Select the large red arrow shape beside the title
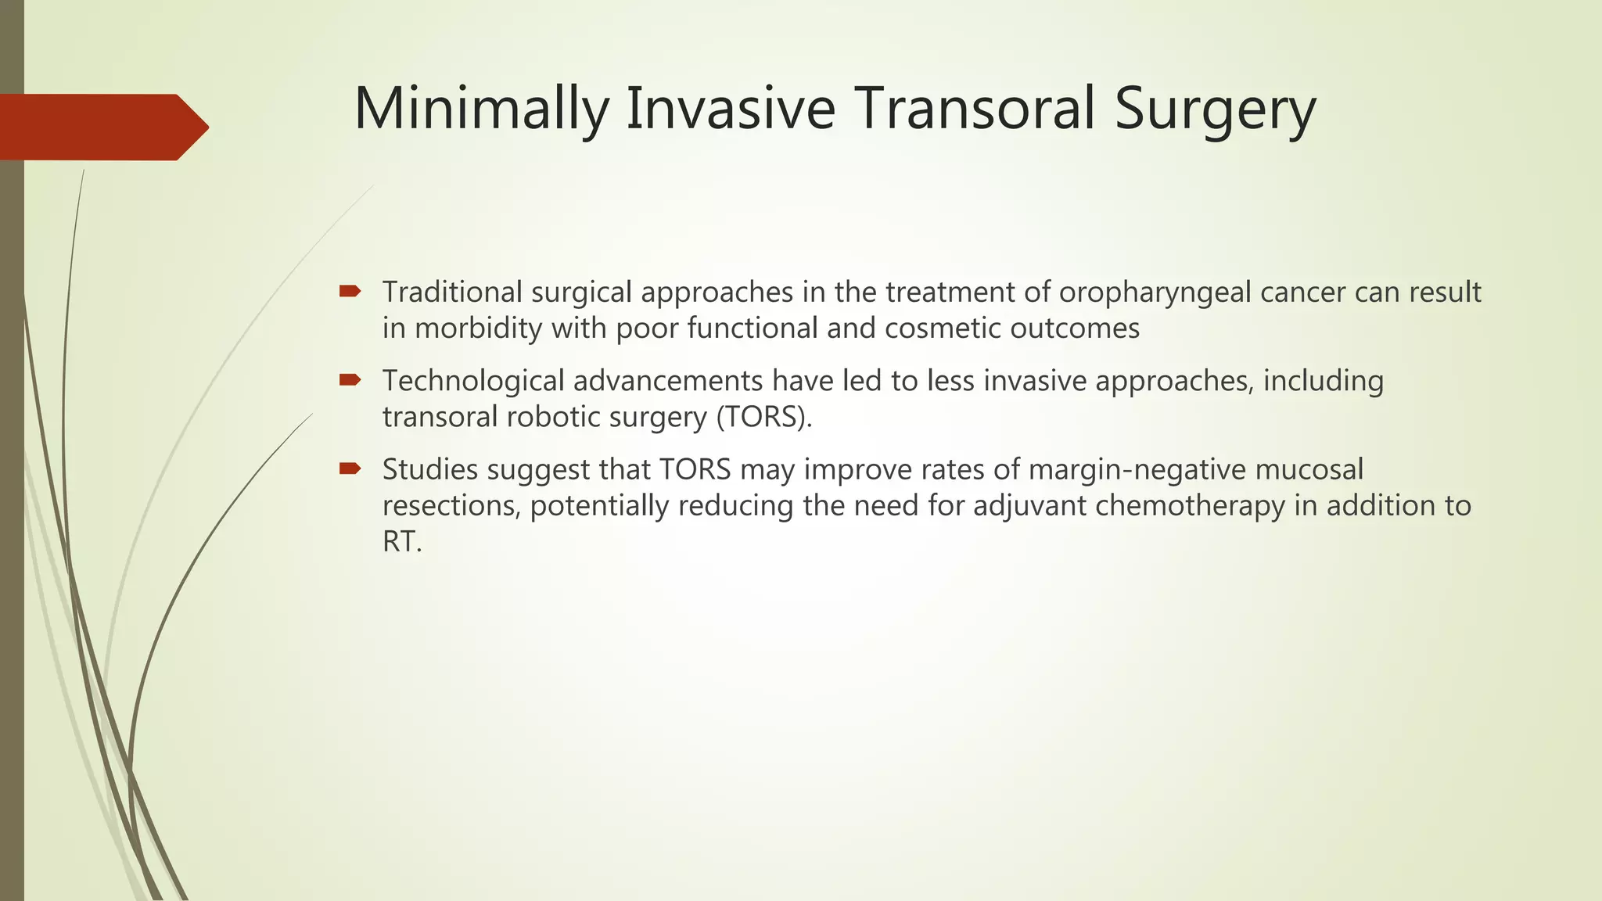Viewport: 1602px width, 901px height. coord(102,127)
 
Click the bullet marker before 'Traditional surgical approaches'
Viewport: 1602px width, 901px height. coord(350,292)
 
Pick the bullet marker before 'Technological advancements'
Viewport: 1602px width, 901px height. coord(350,380)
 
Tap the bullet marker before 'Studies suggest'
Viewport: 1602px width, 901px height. coord(350,468)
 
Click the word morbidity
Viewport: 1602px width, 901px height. coord(478,328)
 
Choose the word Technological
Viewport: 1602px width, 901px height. coord(473,381)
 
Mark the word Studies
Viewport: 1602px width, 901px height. coord(430,469)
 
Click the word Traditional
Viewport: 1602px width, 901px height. coord(452,292)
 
